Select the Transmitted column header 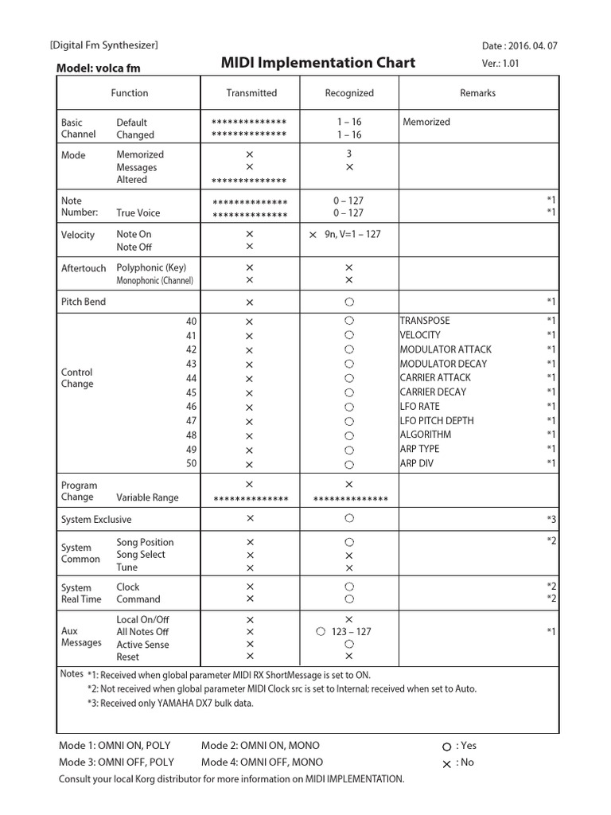click(251, 93)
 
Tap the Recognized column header click(348, 93)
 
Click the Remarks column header click(477, 93)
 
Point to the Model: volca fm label click(98, 68)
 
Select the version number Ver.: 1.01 click(500, 64)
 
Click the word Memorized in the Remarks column click(426, 122)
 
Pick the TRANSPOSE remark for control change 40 click(425, 320)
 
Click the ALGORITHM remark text click(425, 435)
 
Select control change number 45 click(191, 392)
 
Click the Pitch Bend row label click(84, 302)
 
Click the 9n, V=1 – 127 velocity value click(352, 234)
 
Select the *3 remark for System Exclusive click(551, 520)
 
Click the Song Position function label click(145, 542)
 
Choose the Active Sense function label click(142, 645)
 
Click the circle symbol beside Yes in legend click(446, 747)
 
